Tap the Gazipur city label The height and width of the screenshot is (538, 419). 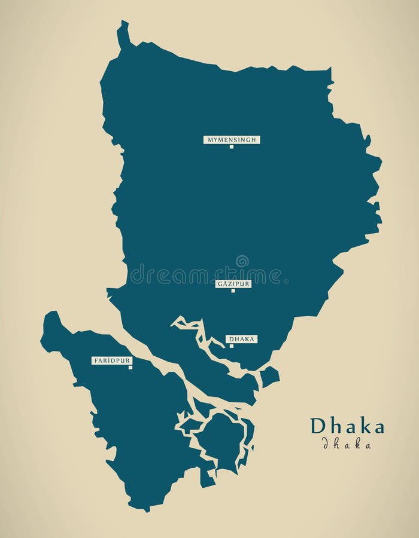point(233,284)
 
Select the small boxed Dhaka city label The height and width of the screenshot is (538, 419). point(242,339)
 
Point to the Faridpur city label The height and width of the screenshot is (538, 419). point(111,360)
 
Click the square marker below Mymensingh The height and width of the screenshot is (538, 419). point(231,147)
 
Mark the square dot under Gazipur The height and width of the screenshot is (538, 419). point(233,291)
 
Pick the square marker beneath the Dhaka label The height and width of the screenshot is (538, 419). point(231,346)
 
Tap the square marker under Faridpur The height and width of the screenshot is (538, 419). point(130,368)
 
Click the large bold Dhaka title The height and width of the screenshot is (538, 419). point(347,427)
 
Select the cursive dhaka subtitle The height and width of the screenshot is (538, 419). point(347,444)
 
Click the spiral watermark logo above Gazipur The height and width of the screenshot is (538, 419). point(241,261)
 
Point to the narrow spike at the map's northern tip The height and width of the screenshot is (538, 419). point(123,33)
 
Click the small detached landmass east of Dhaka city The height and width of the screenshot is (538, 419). point(269,377)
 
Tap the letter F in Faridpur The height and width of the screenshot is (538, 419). point(95,360)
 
